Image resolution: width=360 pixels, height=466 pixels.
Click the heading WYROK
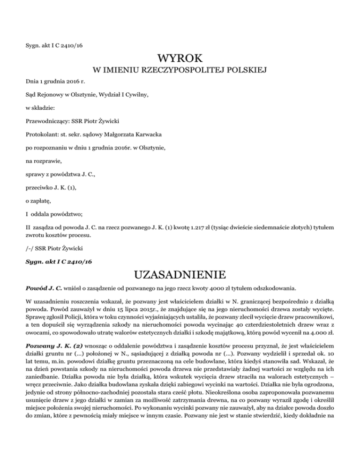click(180, 59)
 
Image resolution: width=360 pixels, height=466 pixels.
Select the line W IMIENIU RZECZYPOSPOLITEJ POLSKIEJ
click(180, 71)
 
